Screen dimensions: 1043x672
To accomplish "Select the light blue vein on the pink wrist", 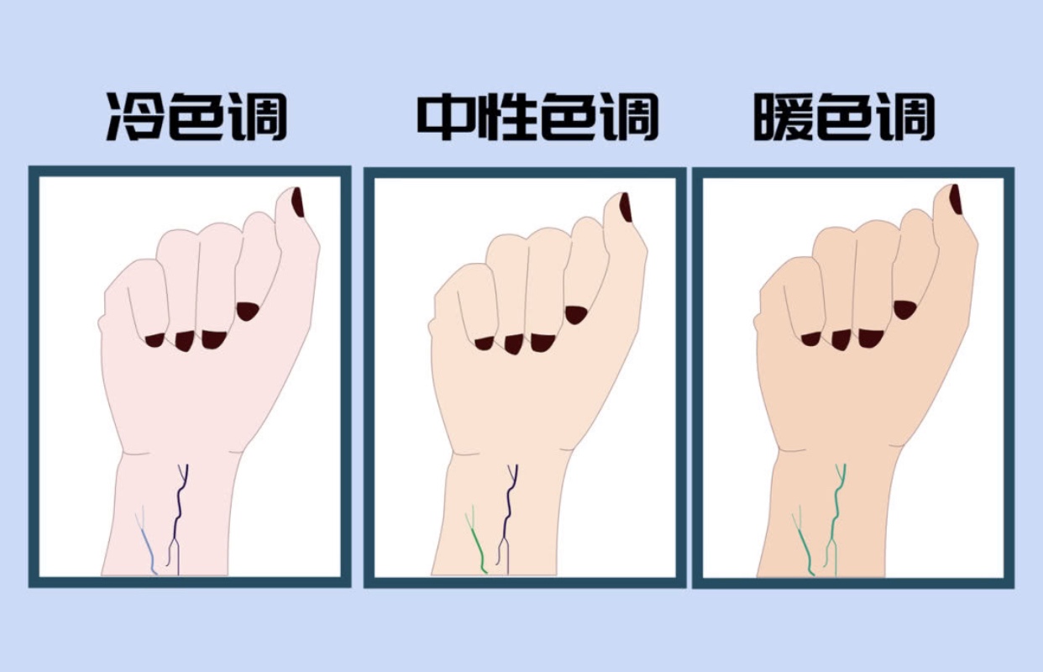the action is (146, 543).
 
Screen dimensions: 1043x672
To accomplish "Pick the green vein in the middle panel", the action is (475, 543).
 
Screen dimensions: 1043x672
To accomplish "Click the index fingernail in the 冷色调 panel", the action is (247, 311).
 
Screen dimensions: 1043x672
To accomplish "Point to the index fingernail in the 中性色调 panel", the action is (575, 315).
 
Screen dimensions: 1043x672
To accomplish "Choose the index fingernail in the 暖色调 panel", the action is (904, 310).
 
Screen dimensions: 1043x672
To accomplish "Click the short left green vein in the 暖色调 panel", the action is (802, 543).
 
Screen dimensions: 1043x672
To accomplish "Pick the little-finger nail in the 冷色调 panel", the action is (155, 340).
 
